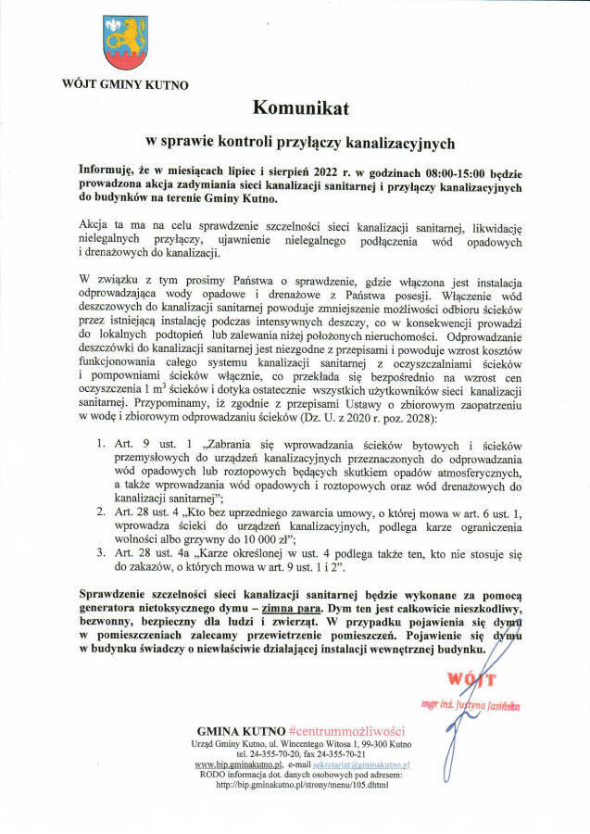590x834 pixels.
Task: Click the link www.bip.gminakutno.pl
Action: click(239, 765)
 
